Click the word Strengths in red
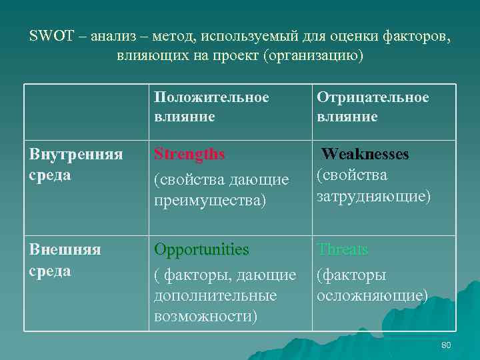coord(189,154)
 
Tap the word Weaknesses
coord(365,154)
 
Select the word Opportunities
coord(201,249)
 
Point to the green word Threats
coord(342,249)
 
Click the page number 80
coord(446,344)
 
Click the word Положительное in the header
coord(211,97)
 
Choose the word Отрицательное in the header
coord(373,97)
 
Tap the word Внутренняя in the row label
coord(76,154)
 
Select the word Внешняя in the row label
coord(65,249)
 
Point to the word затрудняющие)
coord(374,197)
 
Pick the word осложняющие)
coord(373,295)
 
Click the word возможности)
coord(205,315)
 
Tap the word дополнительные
coord(215,294)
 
